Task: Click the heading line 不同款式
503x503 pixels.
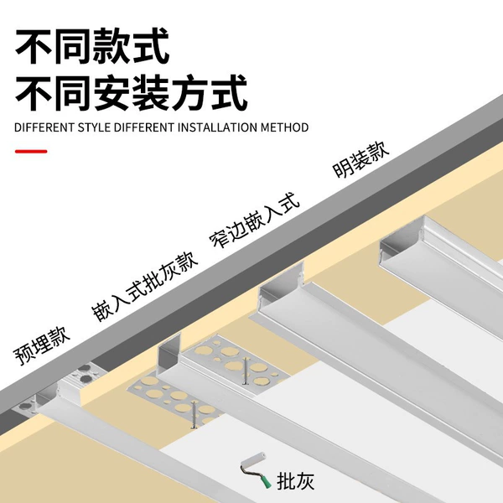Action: [92, 46]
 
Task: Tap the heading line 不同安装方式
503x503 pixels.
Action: [132, 93]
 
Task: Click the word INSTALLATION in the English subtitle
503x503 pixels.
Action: [217, 127]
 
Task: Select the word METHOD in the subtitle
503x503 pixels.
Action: [284, 127]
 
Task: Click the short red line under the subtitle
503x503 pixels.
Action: [31, 151]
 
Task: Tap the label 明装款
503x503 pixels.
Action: [361, 158]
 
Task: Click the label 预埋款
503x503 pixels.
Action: [41, 345]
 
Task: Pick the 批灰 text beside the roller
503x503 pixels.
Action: [295, 480]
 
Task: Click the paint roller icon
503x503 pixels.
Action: [256, 470]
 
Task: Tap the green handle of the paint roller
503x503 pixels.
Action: [265, 481]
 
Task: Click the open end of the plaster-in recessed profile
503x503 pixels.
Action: [169, 355]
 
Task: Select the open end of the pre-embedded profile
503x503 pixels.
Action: [48, 397]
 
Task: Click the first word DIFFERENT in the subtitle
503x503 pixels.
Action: [44, 127]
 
